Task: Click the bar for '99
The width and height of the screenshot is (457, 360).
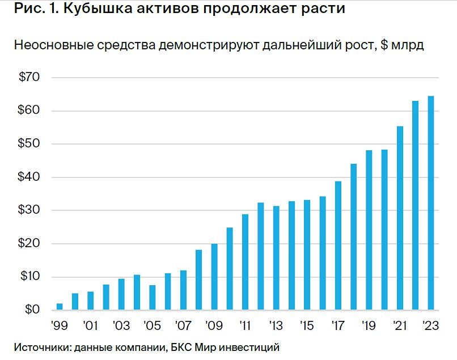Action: tap(60, 307)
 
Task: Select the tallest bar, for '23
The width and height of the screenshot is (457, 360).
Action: tap(431, 203)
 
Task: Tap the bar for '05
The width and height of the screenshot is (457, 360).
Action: tap(153, 298)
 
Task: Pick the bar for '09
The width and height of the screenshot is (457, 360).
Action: tap(214, 277)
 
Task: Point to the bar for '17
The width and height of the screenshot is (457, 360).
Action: tap(338, 245)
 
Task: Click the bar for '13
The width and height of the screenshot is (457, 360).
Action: tap(276, 258)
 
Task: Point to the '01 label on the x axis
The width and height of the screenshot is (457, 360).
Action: tap(90, 327)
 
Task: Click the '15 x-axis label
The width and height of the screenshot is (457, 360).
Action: tap(307, 327)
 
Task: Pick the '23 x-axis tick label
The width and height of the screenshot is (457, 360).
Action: tap(431, 327)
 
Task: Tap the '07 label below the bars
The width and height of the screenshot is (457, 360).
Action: tap(183, 327)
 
